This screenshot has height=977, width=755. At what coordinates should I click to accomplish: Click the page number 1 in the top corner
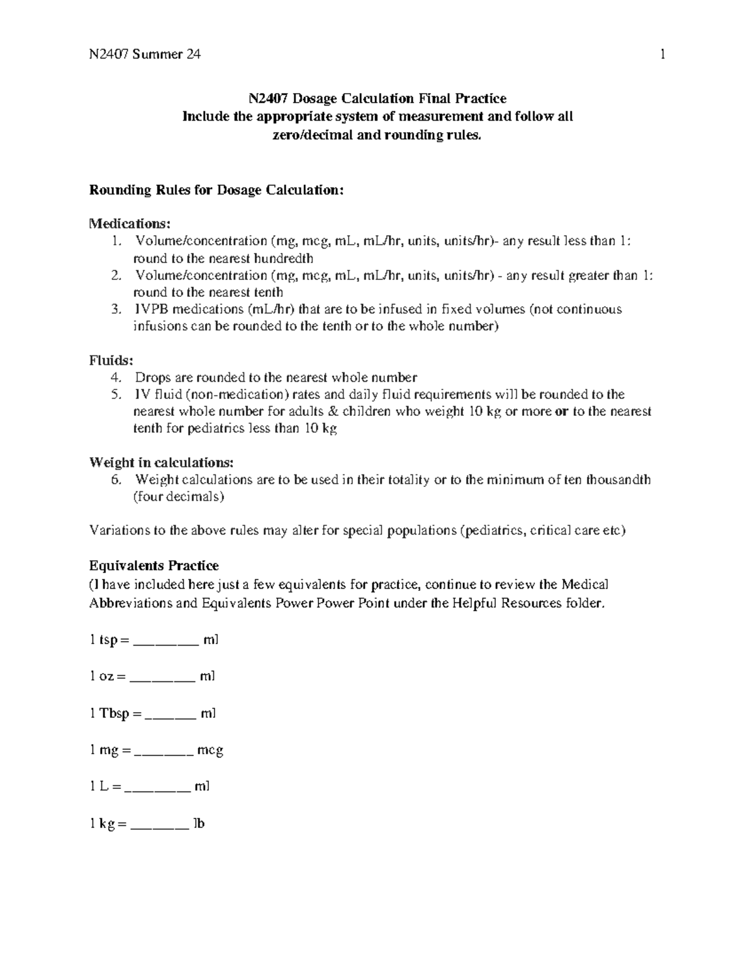pos(662,54)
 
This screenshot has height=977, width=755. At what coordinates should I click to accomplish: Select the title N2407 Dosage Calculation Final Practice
pos(377,98)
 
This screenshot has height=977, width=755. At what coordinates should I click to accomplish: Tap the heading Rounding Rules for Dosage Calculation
pos(216,190)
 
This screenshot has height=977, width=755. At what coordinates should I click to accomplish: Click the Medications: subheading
pos(130,223)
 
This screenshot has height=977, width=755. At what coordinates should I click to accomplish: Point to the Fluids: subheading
pos(111,360)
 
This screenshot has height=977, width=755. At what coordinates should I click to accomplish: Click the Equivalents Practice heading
pos(154,565)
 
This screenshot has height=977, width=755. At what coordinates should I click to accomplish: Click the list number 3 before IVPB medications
pos(115,310)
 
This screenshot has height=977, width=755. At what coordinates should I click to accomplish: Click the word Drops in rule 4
pos(150,377)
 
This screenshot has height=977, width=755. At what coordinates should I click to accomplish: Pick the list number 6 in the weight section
pos(115,479)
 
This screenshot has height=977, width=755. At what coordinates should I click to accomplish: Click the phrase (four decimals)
pos(178,496)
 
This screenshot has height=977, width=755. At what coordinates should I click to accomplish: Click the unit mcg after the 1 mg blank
pos(210,750)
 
